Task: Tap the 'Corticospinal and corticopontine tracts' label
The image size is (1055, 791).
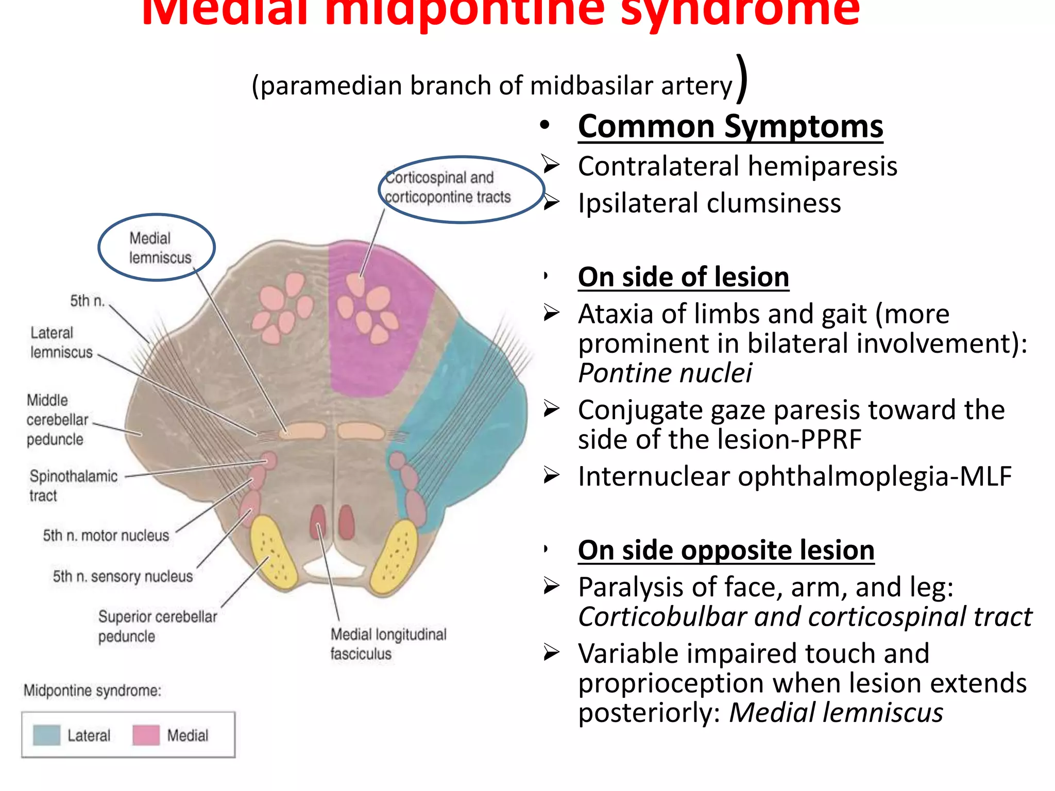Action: click(x=447, y=187)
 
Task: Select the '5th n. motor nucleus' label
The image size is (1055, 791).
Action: click(x=106, y=536)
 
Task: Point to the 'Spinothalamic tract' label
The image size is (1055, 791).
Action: click(x=73, y=485)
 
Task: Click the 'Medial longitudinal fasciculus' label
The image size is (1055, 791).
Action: click(x=388, y=644)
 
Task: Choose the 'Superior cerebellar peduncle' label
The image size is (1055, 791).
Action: click(x=157, y=626)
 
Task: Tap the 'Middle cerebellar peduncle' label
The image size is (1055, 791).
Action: click(x=57, y=420)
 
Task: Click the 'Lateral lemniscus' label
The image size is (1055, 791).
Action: click(x=61, y=342)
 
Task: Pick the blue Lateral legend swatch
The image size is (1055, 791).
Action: click(x=46, y=735)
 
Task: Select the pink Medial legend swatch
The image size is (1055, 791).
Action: click(x=146, y=735)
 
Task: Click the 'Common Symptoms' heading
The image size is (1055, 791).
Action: click(x=730, y=127)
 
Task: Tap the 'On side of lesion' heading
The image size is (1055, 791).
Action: click(x=683, y=277)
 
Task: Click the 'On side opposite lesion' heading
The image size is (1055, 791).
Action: click(x=726, y=550)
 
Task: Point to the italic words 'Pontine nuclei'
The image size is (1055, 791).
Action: click(x=665, y=373)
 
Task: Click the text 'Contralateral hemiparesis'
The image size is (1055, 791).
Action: click(x=737, y=166)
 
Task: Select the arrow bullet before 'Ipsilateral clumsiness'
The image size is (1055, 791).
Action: click(x=551, y=202)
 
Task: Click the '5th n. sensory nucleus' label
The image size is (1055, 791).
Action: click(x=123, y=576)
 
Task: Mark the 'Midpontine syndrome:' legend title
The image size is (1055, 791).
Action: click(x=92, y=691)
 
